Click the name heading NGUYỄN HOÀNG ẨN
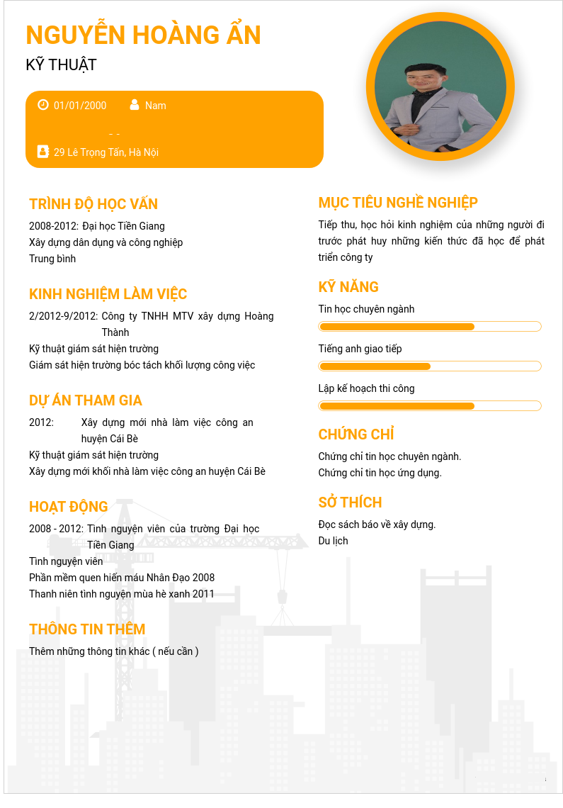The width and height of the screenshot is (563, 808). tap(143, 35)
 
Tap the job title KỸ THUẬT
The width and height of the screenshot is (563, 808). tap(61, 65)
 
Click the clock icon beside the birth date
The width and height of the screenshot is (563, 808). tap(43, 105)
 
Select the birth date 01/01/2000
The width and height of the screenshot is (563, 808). tap(80, 106)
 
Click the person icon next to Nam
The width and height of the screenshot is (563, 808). tap(135, 105)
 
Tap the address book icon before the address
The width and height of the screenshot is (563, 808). tap(43, 152)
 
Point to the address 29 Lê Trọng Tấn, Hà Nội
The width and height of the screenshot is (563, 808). tap(106, 152)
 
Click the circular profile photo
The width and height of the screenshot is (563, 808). tap(440, 86)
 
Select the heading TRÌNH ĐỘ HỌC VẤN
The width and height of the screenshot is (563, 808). tap(93, 204)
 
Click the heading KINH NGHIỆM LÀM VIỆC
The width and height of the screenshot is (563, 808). tap(108, 294)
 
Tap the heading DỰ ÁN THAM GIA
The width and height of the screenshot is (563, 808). tap(86, 400)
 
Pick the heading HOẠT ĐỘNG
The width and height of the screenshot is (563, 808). tap(69, 507)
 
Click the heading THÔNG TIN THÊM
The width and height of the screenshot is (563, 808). tap(87, 629)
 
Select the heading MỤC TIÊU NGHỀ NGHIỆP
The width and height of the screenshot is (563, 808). tap(398, 203)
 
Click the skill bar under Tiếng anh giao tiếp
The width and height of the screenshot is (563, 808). tap(430, 366)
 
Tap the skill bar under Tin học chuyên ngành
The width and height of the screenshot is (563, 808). tap(430, 327)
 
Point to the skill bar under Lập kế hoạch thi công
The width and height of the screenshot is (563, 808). tap(430, 406)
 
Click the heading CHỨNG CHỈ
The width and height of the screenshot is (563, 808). tap(356, 434)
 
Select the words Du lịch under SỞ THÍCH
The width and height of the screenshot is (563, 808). tap(334, 541)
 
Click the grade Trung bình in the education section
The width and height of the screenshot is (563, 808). tap(52, 259)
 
